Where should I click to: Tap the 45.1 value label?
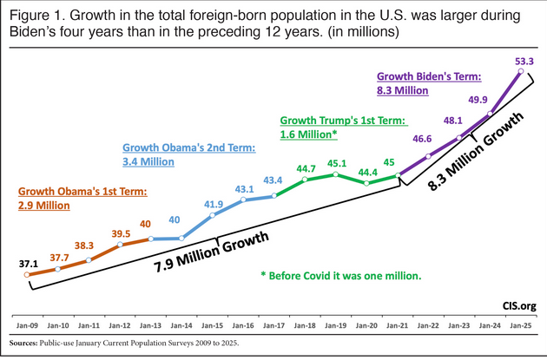pyautogui.click(x=337, y=161)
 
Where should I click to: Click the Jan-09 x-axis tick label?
pyautogui.click(x=28, y=327)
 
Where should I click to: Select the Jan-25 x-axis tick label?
pyautogui.click(x=521, y=327)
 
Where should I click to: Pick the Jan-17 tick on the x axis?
pyautogui.click(x=274, y=327)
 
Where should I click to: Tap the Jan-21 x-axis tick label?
pyautogui.click(x=398, y=327)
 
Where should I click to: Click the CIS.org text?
pyautogui.click(x=517, y=305)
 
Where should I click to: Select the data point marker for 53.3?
pyautogui.click(x=521, y=73)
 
